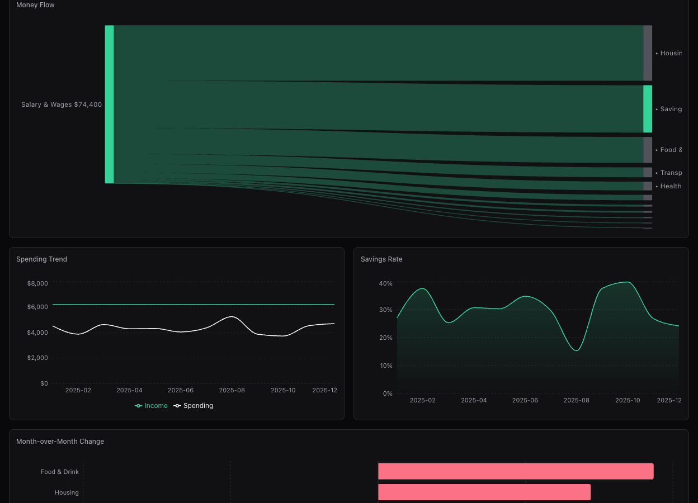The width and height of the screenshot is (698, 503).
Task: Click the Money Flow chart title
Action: click(35, 5)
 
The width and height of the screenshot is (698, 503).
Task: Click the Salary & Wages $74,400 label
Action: click(62, 105)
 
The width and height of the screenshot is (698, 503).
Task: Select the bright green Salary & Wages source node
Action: click(109, 105)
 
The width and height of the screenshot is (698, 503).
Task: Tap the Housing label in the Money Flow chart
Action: click(671, 54)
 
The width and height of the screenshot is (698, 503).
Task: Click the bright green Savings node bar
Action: click(648, 109)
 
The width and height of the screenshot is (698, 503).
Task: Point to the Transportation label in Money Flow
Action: click(671, 173)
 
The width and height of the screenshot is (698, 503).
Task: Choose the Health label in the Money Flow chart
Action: click(671, 187)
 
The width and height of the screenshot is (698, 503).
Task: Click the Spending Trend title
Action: click(41, 259)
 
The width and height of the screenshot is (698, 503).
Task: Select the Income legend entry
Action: click(152, 406)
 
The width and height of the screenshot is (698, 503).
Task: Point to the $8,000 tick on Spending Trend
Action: click(37, 283)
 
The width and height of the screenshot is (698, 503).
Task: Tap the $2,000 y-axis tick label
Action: click(37, 358)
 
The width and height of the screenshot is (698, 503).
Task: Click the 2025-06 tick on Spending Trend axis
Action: click(181, 390)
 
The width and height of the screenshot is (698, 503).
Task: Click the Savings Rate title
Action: click(381, 259)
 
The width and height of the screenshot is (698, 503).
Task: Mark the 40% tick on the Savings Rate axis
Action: click(385, 284)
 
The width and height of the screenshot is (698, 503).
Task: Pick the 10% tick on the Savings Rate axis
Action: click(385, 366)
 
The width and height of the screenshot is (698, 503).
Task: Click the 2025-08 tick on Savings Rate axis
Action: click(576, 400)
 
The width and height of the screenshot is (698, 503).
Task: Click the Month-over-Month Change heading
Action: click(60, 442)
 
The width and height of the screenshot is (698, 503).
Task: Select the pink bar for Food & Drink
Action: click(516, 471)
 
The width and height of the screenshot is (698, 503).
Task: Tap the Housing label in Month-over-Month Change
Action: click(67, 492)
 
